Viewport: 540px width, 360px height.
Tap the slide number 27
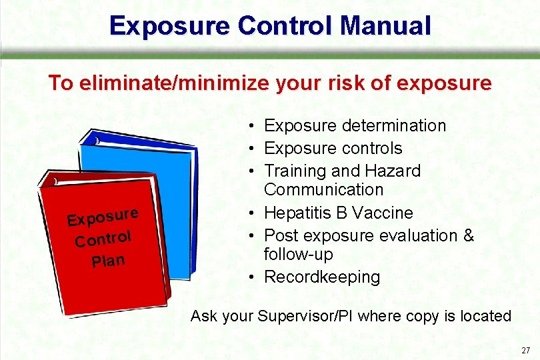526,350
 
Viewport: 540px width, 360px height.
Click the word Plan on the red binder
108,259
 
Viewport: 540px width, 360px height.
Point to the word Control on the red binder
103,238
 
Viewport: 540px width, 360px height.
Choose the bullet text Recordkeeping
322,277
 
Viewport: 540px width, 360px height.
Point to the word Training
293,171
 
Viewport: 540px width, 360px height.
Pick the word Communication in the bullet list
323,190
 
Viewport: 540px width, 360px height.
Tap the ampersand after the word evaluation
468,235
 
